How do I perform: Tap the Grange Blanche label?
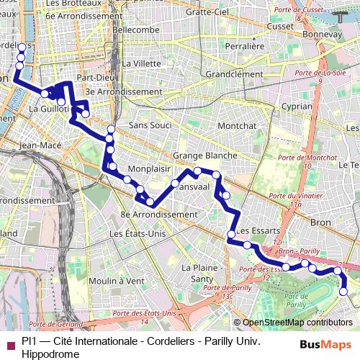(x=205, y=156)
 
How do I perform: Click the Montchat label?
(x=237, y=125)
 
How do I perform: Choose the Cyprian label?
(x=297, y=105)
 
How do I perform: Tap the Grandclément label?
(x=234, y=73)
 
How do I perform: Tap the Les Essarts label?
(x=253, y=230)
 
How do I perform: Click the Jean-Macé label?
(x=40, y=145)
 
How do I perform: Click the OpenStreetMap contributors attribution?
(x=297, y=323)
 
